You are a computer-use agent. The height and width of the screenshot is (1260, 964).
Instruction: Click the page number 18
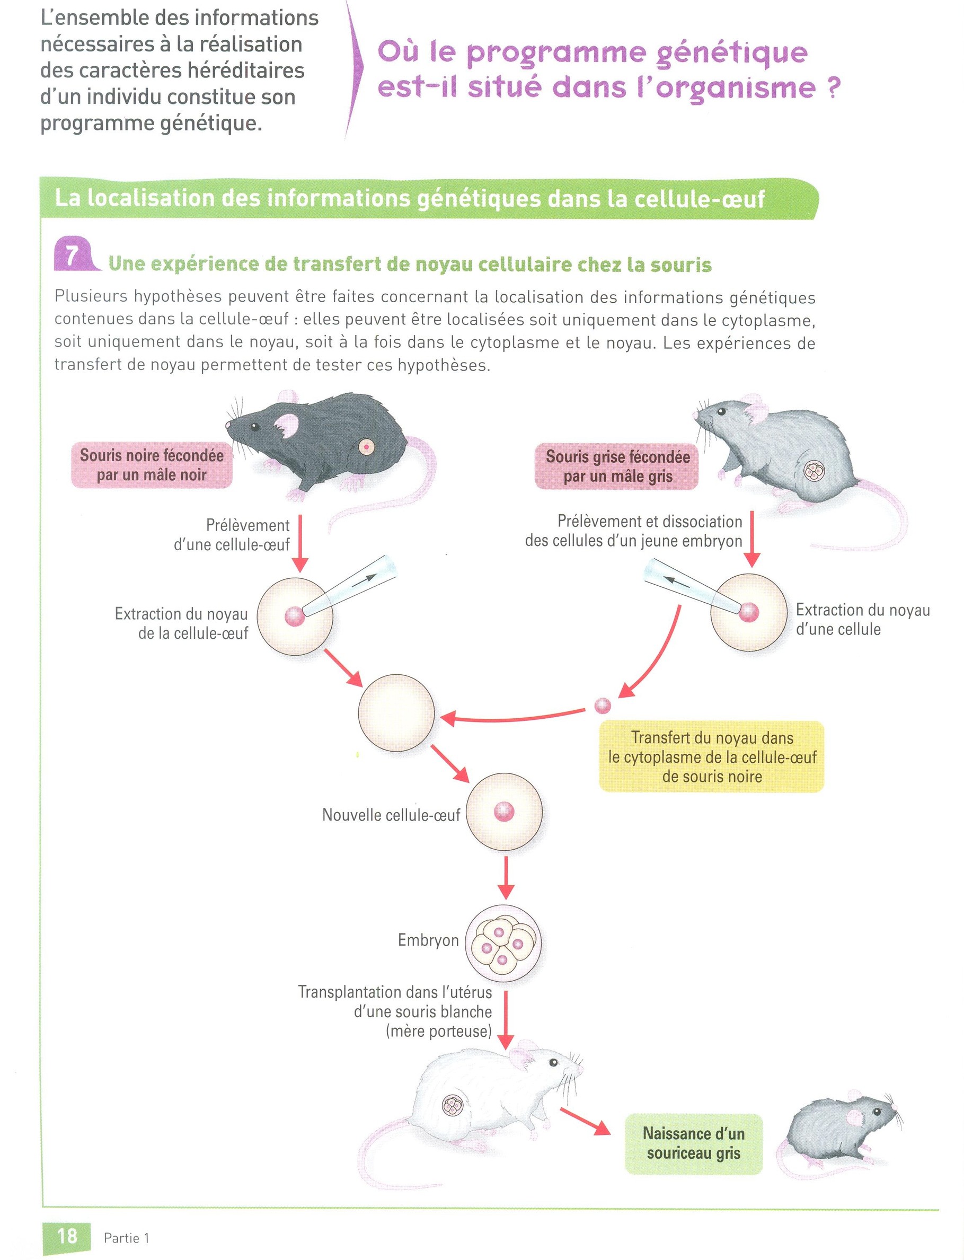(x=67, y=1235)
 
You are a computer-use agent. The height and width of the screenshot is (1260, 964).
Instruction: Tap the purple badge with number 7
(x=72, y=255)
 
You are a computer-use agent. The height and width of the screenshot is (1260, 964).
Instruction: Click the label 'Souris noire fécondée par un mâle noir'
(x=152, y=465)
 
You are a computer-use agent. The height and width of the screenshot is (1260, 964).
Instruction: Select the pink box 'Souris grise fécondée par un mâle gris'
(x=617, y=466)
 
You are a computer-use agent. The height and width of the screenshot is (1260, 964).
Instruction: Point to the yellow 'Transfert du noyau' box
(x=712, y=757)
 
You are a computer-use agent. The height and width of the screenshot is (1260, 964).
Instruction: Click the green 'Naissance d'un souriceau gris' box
(x=693, y=1143)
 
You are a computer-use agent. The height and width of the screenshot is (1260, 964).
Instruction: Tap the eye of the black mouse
(x=254, y=426)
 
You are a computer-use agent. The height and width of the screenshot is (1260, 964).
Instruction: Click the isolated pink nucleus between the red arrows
(x=603, y=705)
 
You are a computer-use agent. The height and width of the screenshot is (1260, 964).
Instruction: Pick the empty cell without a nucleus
(x=396, y=713)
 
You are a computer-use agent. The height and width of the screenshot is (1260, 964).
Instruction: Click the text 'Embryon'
(x=428, y=940)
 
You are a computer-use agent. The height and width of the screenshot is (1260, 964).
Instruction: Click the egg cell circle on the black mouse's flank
(x=366, y=446)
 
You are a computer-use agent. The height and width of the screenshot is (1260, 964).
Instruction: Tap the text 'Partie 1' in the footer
(x=126, y=1238)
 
